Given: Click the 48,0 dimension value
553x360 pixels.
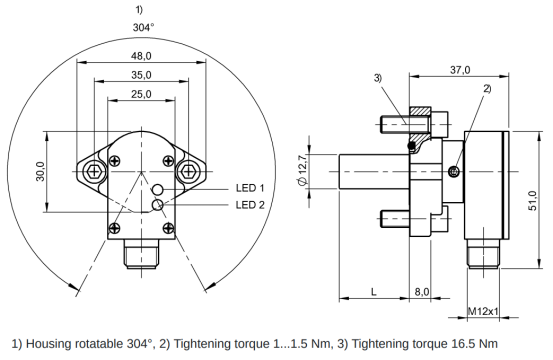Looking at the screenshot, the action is tap(141, 56).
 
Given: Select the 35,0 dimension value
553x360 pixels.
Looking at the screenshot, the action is tap(141, 75).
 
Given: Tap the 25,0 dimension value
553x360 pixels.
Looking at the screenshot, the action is tap(141, 94).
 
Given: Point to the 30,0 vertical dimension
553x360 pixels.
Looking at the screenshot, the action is tap(40, 171).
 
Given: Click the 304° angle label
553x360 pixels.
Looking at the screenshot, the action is tap(144, 27).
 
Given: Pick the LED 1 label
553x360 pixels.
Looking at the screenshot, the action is tap(250, 188).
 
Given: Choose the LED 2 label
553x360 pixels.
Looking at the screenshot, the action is tap(250, 205).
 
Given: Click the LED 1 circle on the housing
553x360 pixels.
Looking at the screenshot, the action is tap(157, 190).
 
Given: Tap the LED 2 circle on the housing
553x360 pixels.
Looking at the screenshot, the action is tap(157, 204).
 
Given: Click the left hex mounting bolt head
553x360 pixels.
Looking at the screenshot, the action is tap(94, 172).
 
